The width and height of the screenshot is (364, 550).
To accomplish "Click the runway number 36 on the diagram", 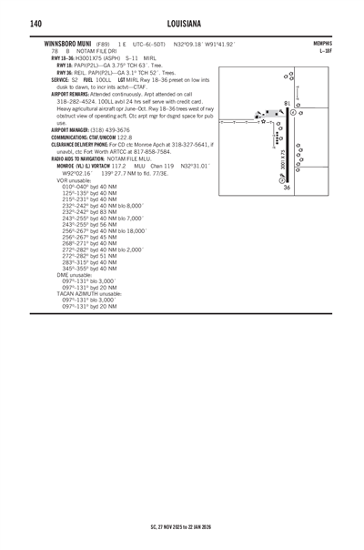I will (287, 188).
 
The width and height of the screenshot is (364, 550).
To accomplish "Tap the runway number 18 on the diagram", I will (287, 103).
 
